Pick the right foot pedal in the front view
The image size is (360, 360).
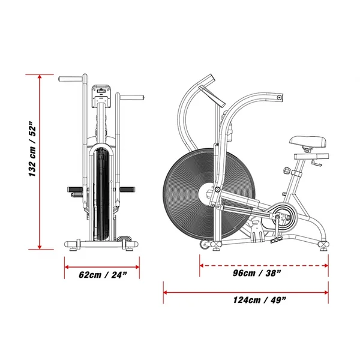pos(127,190)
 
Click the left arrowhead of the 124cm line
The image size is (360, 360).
pos(166,293)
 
